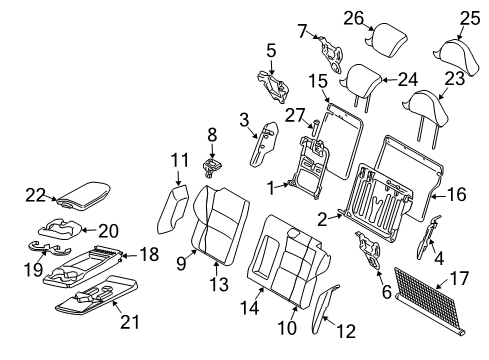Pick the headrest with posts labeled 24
[x=359, y=76]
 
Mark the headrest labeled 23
[x=427, y=105]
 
